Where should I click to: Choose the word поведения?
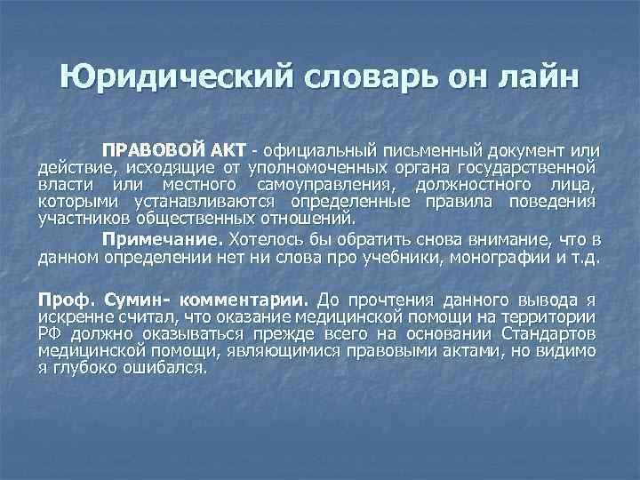pyautogui.click(x=556, y=202)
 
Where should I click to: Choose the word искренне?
pyautogui.click(x=71, y=316)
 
